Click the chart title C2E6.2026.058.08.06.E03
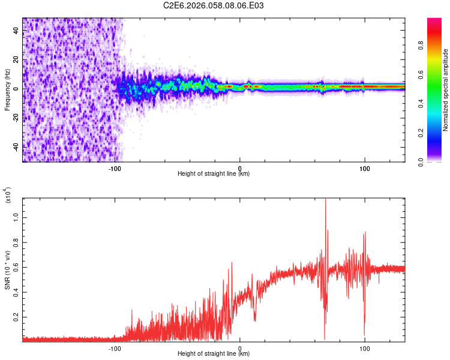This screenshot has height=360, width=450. (214, 6)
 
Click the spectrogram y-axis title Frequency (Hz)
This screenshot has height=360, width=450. (7, 89)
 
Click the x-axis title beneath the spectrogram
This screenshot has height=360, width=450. (214, 174)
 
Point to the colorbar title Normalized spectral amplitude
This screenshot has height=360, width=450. (446, 90)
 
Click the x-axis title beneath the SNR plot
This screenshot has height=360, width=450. (214, 354)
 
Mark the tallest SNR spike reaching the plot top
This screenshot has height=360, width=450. (326, 200)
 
